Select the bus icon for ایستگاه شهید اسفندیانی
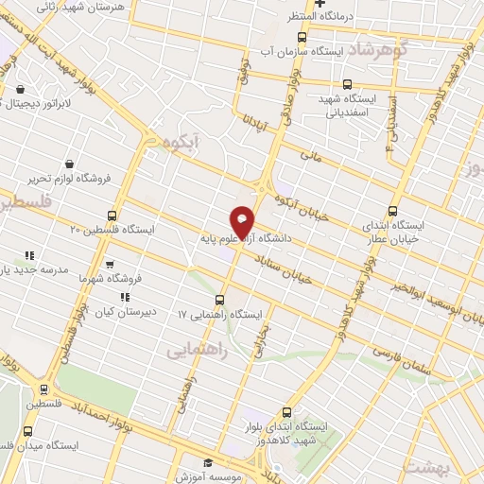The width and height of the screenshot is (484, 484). point(348,84)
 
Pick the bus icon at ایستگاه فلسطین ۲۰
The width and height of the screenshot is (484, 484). point(112,216)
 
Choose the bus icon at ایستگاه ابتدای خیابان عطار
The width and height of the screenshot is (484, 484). point(394,212)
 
